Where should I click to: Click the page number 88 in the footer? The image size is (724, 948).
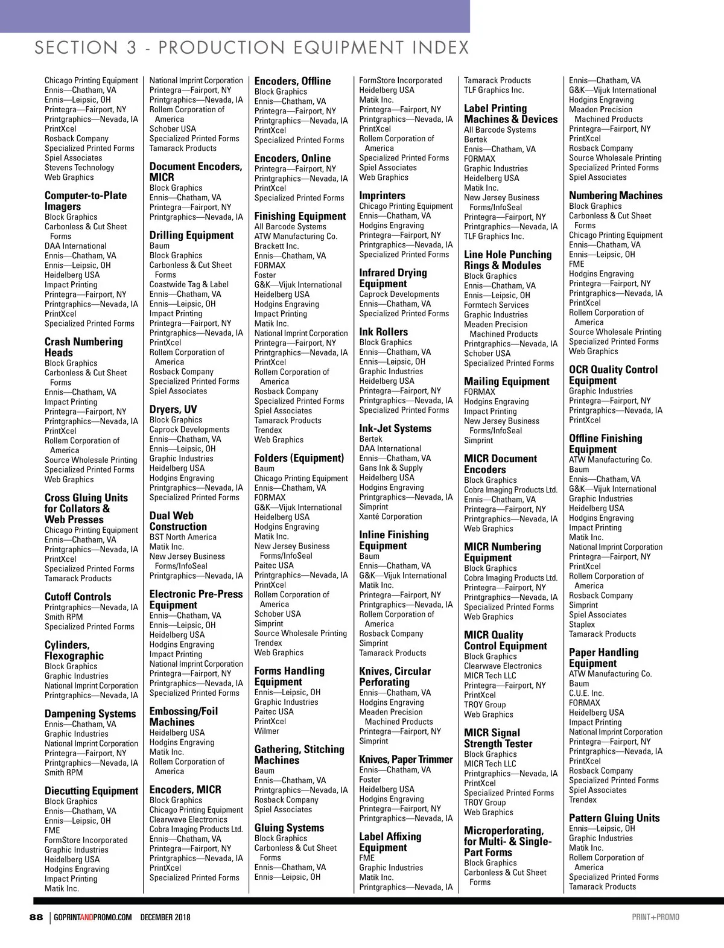coord(36,917)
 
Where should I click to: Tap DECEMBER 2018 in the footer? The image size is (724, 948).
coord(165,917)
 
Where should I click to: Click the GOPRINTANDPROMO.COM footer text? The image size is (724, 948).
coord(93,917)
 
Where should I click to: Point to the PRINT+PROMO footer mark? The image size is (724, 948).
coord(655,917)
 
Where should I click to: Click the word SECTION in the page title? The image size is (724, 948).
coord(76,48)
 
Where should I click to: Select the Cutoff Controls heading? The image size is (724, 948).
coord(78,597)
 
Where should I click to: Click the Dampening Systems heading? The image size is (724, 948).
coord(90,714)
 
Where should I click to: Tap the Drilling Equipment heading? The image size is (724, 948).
coord(191,235)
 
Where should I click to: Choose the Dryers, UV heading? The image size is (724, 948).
coord(173,409)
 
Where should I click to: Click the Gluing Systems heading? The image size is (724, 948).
coord(289,828)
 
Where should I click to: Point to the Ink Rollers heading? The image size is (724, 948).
coord(383,332)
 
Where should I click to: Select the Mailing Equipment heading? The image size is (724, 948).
coord(507,381)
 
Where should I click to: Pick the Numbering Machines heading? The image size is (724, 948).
coord(615,196)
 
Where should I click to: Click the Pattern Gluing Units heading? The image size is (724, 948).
coord(614,818)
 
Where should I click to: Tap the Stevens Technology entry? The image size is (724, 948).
coord(79,168)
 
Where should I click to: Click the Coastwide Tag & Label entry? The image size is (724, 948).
coord(189,285)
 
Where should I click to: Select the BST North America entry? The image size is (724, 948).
coord(183,537)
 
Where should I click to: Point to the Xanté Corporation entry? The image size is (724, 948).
coord(390,517)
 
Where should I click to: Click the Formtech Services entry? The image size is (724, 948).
coord(496,305)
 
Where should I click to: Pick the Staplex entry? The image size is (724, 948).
coord(582,625)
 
